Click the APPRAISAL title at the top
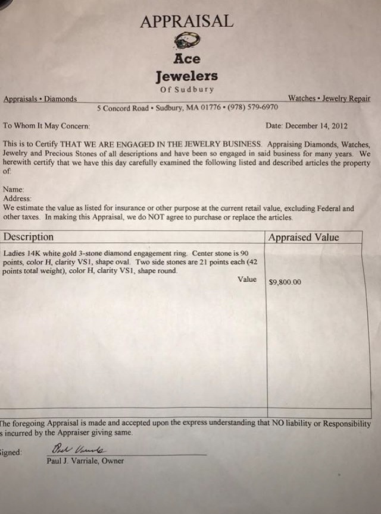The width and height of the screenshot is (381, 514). tap(186, 21)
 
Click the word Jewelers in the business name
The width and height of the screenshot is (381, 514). tap(186, 76)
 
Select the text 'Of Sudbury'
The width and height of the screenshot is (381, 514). tap(186, 90)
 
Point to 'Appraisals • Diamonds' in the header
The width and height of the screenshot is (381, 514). tap(40, 99)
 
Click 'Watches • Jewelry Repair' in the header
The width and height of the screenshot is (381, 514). tap(329, 99)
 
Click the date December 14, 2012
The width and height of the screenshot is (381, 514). tap(316, 126)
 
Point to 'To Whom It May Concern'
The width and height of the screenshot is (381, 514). tap(46, 126)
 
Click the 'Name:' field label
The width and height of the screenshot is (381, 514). tap(14, 189)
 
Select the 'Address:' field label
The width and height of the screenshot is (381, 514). tap(17, 198)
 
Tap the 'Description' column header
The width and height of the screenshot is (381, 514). tap(29, 237)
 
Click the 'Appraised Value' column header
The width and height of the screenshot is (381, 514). tap(304, 238)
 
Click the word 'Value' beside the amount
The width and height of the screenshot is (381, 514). tap(247, 279)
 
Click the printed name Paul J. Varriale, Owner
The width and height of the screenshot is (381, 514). tap(85, 461)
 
